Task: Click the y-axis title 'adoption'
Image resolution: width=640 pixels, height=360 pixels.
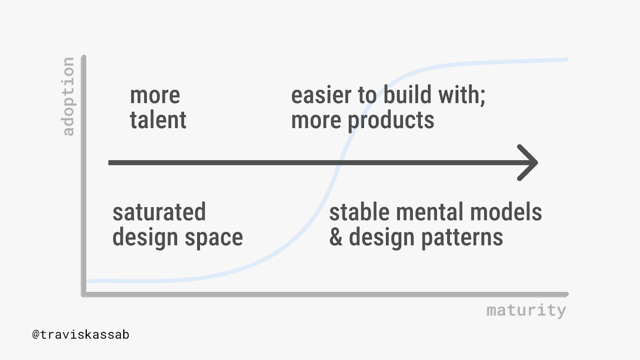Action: [x=68, y=96]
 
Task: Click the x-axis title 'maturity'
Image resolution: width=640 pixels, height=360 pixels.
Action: [x=526, y=310]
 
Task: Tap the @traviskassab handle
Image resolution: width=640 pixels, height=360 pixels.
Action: [x=80, y=334]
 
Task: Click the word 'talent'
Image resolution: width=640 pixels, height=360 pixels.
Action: [x=158, y=120]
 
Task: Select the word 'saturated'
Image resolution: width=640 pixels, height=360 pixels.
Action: [x=159, y=212]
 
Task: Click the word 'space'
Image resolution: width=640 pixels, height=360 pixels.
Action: [x=214, y=238]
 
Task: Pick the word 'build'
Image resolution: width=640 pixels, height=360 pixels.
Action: [x=407, y=94]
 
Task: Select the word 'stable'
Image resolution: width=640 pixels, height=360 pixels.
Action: [x=359, y=212]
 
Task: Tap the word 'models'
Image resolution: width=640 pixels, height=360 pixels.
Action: [x=506, y=212]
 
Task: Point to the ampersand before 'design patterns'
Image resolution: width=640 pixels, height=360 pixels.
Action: [x=336, y=237]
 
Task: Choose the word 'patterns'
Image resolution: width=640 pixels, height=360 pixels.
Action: [x=462, y=238]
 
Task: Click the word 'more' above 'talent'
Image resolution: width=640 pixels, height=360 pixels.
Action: [x=155, y=96]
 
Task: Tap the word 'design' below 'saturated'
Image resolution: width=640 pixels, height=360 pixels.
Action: [x=145, y=238]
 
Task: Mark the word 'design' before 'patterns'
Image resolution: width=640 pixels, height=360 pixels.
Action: [x=382, y=238]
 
